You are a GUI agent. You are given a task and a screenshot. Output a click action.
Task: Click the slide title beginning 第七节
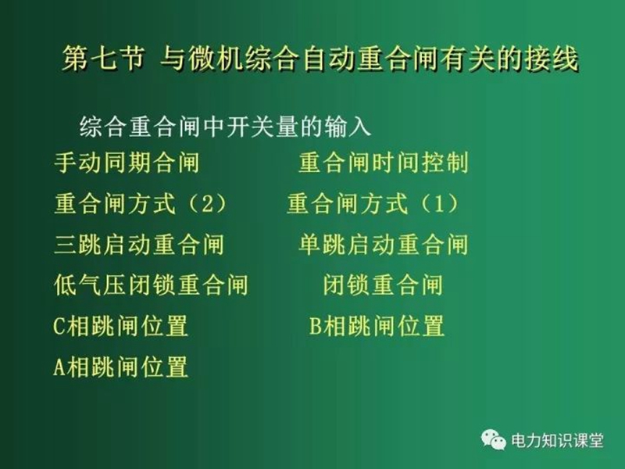tap(320, 59)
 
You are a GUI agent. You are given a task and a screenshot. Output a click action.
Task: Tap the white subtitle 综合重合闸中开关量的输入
tap(225, 127)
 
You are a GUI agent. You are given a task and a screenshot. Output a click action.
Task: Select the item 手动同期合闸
tap(127, 163)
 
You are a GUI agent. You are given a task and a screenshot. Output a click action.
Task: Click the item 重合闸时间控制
tap(384, 163)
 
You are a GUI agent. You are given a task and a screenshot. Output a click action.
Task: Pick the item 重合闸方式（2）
tap(141, 203)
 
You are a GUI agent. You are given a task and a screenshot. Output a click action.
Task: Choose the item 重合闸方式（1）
tap(373, 203)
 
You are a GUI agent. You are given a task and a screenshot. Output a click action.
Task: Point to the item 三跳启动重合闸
tap(139, 245)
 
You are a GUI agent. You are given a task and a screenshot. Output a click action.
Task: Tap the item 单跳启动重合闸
tap(384, 245)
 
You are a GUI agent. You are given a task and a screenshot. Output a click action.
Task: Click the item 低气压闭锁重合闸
tap(151, 285)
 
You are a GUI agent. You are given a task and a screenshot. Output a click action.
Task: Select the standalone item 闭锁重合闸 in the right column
tap(383, 285)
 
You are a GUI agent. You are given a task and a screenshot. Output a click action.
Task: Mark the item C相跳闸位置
tap(120, 326)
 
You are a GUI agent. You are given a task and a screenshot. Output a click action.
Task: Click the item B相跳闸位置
tap(377, 326)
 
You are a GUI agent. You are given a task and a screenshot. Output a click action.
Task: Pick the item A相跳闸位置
tap(120, 367)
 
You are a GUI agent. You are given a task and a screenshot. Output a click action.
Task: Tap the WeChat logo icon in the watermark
tap(494, 440)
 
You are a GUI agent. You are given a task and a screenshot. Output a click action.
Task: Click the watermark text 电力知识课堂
tap(557, 441)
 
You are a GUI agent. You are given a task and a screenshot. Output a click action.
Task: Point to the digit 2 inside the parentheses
tap(207, 204)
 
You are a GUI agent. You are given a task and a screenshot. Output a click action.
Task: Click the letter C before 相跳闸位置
tap(59, 326)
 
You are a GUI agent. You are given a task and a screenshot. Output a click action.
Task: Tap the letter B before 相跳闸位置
tap(316, 326)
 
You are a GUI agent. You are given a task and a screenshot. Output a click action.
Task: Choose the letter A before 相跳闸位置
tap(59, 367)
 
